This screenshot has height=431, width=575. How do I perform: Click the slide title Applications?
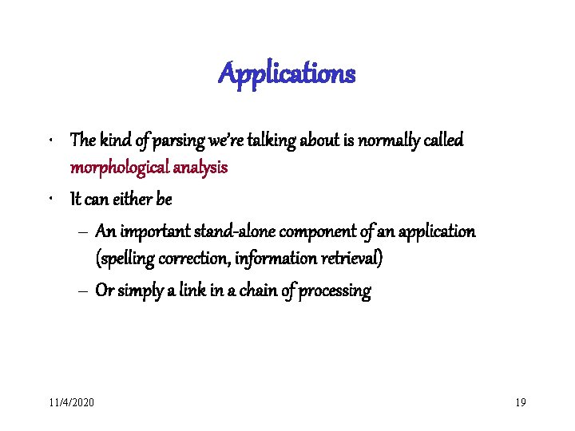coord(287,74)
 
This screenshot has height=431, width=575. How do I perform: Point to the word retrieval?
coord(350,259)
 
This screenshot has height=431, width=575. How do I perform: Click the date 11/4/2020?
coord(71,401)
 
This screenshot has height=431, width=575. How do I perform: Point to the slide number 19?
coord(521,401)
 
